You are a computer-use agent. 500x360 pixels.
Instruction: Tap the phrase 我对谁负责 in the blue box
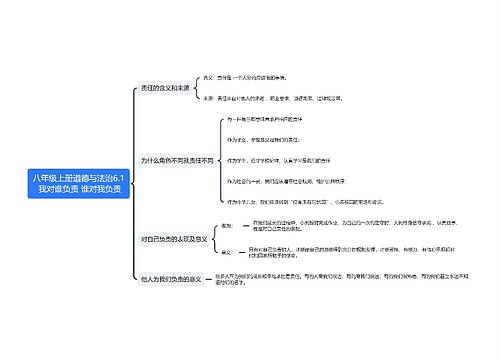[62, 189]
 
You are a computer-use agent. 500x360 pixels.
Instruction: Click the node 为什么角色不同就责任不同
[177, 160]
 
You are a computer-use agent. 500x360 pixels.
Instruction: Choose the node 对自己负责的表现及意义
[174, 239]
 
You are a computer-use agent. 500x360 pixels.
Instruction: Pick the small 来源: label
[209, 98]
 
